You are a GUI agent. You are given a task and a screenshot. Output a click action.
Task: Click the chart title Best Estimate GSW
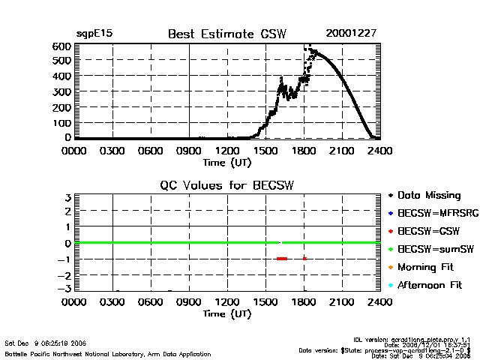click(227, 34)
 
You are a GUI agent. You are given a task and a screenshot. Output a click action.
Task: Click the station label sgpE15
click(94, 34)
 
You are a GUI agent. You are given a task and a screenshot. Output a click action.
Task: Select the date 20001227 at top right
click(351, 34)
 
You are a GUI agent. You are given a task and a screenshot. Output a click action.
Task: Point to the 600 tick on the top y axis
click(62, 46)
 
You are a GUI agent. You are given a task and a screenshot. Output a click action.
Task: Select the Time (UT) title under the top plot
click(227, 161)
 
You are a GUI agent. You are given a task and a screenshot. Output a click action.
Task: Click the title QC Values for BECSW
click(227, 185)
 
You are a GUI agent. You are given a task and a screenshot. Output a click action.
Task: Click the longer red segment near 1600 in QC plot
click(282, 259)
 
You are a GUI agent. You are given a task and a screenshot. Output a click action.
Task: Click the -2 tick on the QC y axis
click(64, 274)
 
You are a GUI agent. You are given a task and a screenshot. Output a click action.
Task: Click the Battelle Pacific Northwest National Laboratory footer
click(108, 353)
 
